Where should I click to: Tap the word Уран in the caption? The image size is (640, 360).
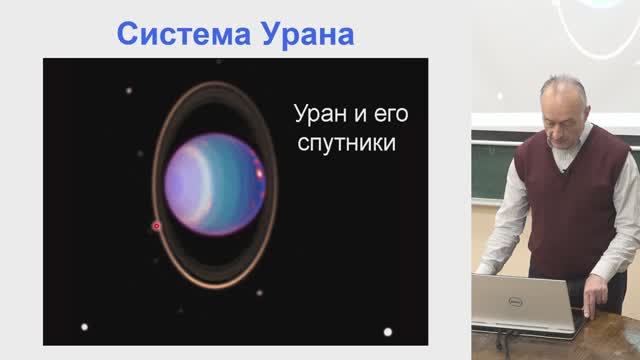(x=319, y=112)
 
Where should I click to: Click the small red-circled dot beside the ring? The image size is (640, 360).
(x=156, y=226)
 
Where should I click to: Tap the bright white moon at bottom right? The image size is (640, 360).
(x=388, y=331)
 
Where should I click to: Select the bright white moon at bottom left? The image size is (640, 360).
(x=85, y=326)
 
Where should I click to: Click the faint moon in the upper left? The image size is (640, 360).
(x=129, y=92)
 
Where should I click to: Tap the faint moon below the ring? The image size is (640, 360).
(x=259, y=293)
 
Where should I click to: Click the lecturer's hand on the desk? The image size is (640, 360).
(x=597, y=292)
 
